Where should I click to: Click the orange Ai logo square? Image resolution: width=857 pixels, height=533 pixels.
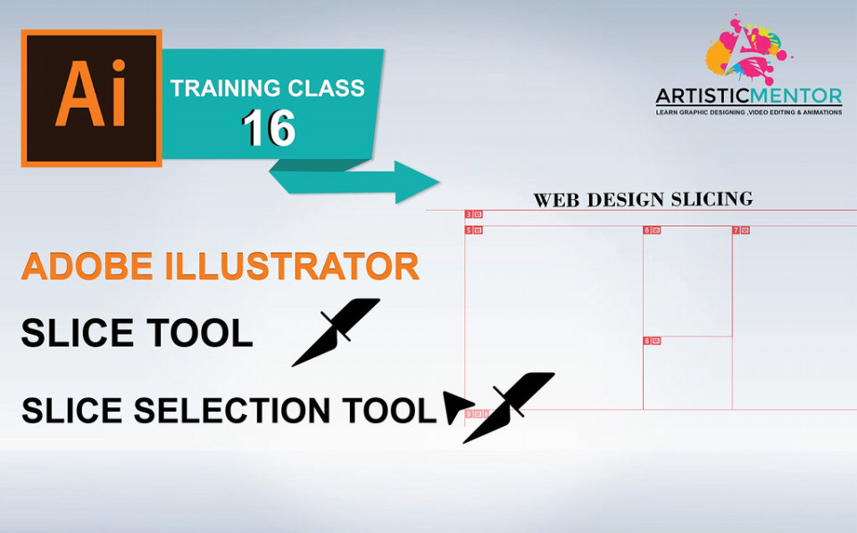(x=91, y=98)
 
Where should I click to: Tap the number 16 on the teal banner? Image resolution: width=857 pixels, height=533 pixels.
(x=269, y=129)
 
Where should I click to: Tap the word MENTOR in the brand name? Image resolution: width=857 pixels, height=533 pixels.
(x=795, y=96)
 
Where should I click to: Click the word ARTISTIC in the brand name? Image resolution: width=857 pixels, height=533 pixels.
(x=703, y=96)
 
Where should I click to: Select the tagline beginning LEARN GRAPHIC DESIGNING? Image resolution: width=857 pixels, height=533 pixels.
(x=749, y=112)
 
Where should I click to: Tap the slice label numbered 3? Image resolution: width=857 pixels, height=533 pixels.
(x=473, y=214)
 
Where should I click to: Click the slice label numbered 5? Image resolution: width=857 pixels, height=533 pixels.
(x=473, y=230)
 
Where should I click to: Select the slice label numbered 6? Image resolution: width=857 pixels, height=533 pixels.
(x=652, y=230)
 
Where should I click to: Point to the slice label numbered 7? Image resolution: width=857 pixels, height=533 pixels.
(x=741, y=230)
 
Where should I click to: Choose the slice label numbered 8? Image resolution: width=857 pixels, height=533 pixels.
(x=652, y=340)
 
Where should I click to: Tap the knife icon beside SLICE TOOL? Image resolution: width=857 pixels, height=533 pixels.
(x=337, y=332)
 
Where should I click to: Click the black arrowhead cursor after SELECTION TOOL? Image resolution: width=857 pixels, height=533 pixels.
(x=457, y=407)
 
